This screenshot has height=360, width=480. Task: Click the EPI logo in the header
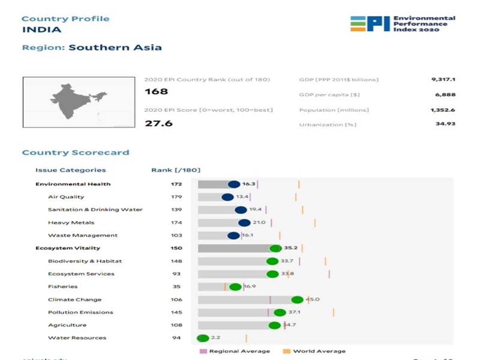pos(370,24)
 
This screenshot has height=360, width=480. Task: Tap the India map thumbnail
pos(79,102)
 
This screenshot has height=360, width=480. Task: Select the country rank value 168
pos(156,92)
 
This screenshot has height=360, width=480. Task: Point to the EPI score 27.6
pos(158,123)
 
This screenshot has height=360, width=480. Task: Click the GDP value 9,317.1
pos(443,80)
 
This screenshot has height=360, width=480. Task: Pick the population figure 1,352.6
pos(443,110)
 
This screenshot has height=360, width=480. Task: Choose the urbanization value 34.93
pos(445,124)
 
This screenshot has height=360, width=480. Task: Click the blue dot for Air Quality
pos(227,197)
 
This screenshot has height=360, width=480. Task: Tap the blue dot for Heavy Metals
pos(244,223)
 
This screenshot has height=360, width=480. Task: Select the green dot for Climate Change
pos(297,300)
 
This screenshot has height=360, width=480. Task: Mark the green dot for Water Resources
pos(203,338)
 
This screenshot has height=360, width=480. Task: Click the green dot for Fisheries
pos(235,287)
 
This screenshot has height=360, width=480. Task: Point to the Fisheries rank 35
pos(176,287)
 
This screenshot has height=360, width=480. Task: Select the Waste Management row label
pos(83,236)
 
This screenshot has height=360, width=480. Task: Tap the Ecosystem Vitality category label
pos(68,248)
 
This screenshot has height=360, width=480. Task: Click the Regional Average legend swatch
pos(203,351)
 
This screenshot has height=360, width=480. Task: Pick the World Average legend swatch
pos(286,351)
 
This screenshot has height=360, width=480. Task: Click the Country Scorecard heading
pos(76,152)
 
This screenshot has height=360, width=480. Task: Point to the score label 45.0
pos(313,299)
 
